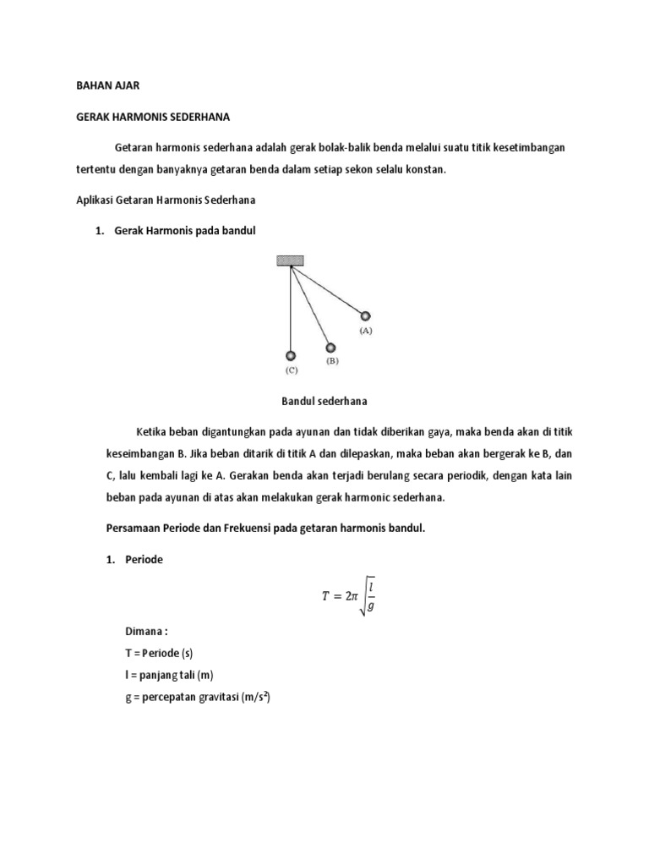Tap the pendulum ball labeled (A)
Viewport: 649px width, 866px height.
(x=366, y=316)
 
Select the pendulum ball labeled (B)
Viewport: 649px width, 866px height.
(x=330, y=347)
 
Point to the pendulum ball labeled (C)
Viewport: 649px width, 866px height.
(x=291, y=356)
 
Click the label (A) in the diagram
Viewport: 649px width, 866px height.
(x=366, y=331)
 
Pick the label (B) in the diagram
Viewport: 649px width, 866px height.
(x=331, y=360)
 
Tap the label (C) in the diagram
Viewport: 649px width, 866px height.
(x=291, y=370)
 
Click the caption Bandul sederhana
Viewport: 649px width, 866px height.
(x=324, y=401)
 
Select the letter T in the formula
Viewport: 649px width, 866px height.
(x=325, y=596)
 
